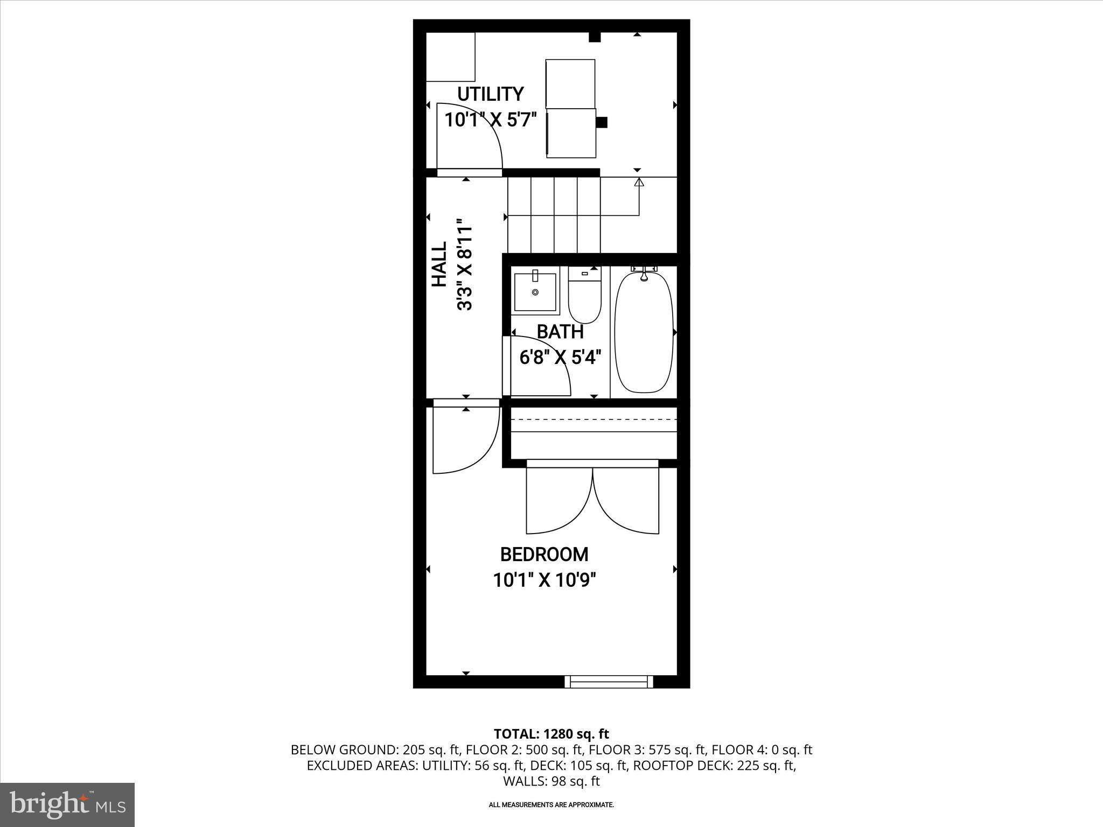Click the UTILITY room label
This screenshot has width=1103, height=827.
tap(490, 94)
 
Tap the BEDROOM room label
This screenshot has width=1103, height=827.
tap(544, 554)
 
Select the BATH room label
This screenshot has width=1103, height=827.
tap(560, 332)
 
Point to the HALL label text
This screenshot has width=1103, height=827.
tap(439, 264)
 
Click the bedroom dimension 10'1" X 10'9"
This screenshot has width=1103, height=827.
tap(544, 580)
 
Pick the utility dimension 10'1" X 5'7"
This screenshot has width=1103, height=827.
tap(491, 120)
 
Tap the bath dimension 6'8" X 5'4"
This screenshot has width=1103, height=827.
tap(560, 357)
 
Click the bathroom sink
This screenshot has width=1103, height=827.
tap(535, 292)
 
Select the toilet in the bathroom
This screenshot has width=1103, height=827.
tap(584, 299)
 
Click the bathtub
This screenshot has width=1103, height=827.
tap(644, 331)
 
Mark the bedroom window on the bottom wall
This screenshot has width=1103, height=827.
tap(609, 682)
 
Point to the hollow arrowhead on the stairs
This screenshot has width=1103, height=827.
tap(639, 183)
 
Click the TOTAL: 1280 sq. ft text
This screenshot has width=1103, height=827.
tap(551, 734)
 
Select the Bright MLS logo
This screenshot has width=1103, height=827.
tap(67, 804)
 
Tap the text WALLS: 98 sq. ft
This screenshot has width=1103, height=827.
tap(551, 781)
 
